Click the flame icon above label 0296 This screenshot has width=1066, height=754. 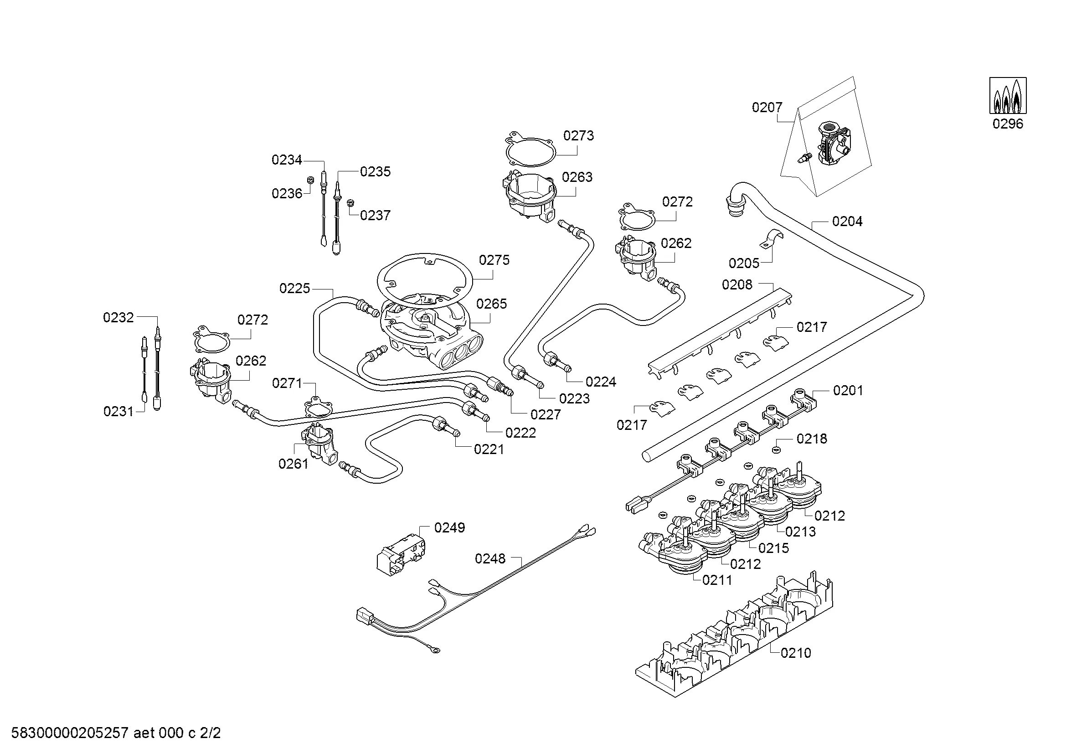click(x=1008, y=96)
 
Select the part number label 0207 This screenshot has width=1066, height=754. click(x=767, y=108)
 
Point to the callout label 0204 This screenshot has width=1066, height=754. click(x=847, y=222)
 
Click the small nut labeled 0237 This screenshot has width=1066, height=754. click(x=351, y=203)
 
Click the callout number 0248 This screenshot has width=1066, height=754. click(x=490, y=558)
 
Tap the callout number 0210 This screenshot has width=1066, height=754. click(x=796, y=653)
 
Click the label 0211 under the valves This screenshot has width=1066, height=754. click(x=717, y=580)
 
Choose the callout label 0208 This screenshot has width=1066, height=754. click(x=737, y=284)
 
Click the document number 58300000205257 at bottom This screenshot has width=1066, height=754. click(x=70, y=733)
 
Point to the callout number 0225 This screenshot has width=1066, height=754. click(x=294, y=288)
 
